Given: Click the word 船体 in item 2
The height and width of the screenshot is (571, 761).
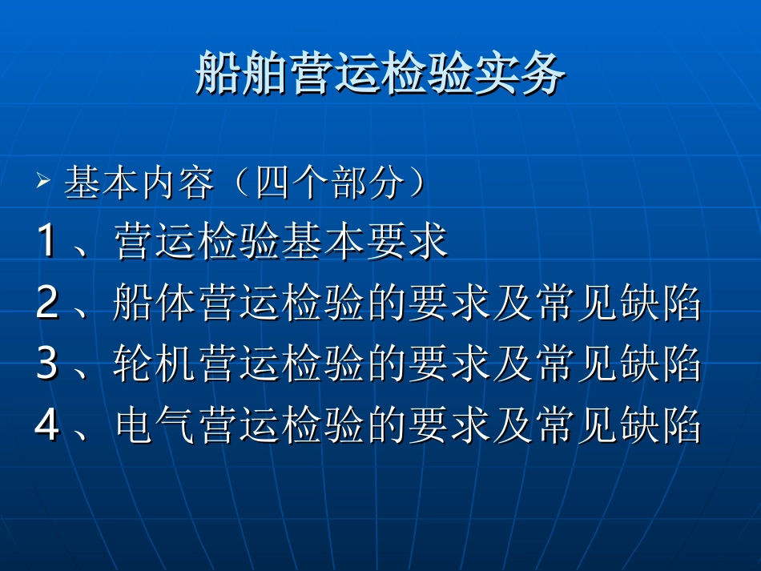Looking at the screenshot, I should [x=156, y=304].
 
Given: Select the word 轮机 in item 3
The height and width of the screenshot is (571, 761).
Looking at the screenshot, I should [x=156, y=365].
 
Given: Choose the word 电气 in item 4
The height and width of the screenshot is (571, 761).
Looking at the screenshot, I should [x=156, y=426].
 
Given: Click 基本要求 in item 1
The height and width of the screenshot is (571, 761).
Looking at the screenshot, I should [x=365, y=243].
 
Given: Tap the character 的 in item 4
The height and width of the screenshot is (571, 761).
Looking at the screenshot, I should [x=386, y=426].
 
